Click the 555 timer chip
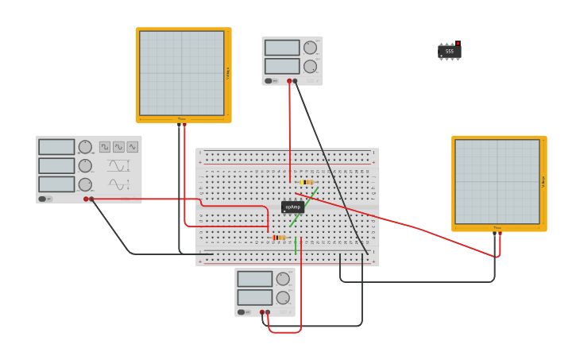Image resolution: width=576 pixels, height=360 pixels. coord(450,52)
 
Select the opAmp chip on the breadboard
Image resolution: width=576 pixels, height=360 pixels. coord(292,207)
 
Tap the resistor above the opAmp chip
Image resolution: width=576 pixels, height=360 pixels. coord(307,182)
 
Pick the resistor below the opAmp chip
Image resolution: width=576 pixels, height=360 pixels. coord(278,238)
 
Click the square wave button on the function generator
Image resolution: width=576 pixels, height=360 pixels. coord(105,147)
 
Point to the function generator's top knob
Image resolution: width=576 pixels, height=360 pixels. coord(85,147)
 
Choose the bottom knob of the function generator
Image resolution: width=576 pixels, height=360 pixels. coord(85,184)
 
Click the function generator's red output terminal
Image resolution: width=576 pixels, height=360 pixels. coord(86,199)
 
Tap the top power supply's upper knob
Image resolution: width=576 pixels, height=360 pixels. coord(310,48)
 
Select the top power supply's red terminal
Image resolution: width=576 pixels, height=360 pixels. coord(289,80)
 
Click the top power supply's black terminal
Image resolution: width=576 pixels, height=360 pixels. coord(295,80)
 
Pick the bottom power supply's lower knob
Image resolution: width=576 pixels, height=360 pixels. coord(283,297)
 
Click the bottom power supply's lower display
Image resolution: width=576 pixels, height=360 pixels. coord(254,297)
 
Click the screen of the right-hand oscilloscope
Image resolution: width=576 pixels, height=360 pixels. coord(497,181)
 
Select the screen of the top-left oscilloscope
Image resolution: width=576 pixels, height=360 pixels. coord(182,73)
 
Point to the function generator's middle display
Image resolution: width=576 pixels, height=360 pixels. coord(56,165)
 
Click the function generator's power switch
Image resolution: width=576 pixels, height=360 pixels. coord(43,199)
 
